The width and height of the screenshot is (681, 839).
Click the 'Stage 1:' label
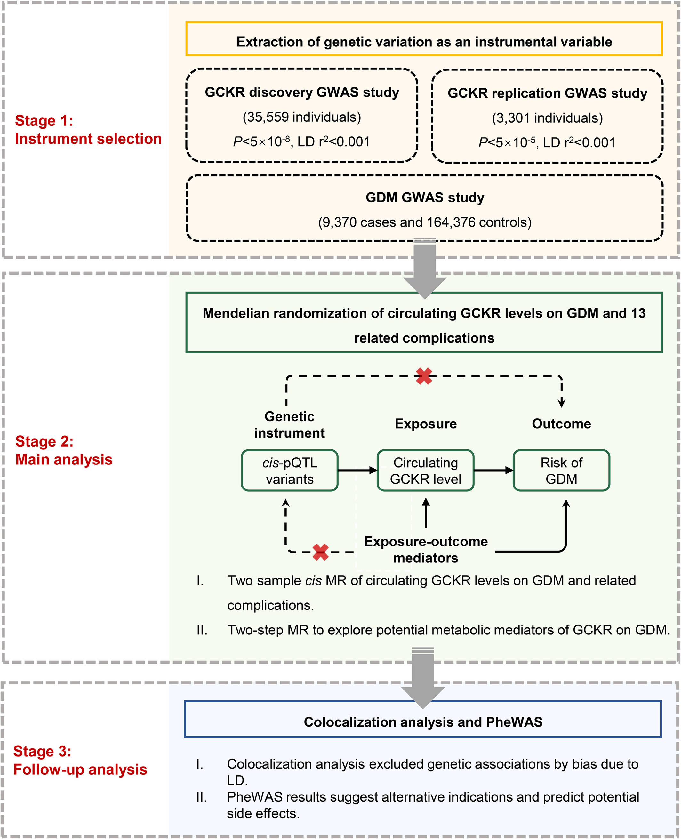44,121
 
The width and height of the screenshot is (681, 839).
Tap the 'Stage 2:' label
44,441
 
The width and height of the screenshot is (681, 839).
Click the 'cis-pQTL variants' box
290,471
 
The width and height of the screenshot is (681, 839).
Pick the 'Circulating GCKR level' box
426,471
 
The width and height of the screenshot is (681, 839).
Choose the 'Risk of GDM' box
561,471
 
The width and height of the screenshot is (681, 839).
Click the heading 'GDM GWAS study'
425,198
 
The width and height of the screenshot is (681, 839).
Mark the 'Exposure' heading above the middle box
426,424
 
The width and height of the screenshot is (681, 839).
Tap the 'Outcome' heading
561,424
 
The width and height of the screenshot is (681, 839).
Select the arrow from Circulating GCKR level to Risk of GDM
493,470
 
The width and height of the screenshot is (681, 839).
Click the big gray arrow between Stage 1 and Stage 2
425,269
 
